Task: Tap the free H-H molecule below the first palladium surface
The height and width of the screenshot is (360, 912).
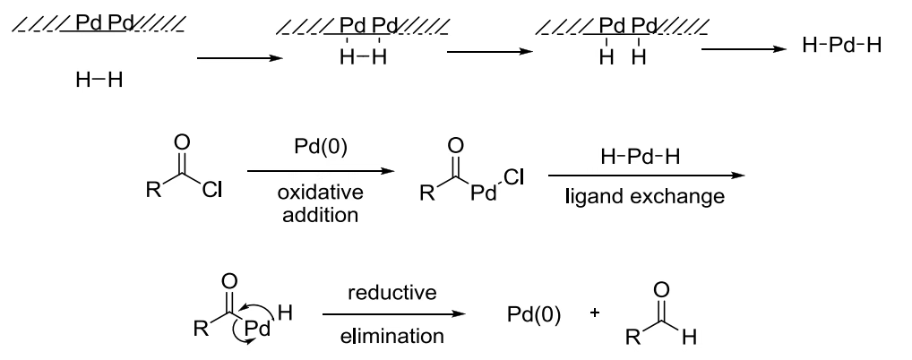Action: (99, 81)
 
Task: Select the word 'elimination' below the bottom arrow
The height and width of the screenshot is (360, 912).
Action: (394, 337)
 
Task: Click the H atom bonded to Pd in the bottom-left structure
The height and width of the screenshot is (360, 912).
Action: (285, 313)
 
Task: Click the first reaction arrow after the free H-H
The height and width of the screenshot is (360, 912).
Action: (233, 59)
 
